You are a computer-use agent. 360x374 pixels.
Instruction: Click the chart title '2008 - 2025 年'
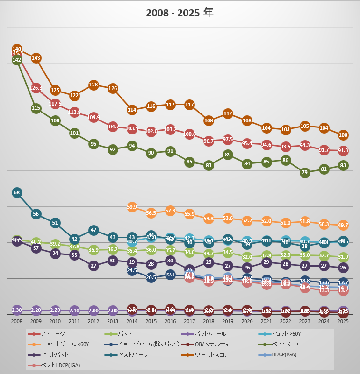180,13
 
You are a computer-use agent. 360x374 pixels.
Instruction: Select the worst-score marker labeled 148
17,49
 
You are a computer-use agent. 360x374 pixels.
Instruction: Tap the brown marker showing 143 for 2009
36,58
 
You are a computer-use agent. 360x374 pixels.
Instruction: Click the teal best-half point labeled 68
17,192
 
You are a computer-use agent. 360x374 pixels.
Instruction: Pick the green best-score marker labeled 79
305,173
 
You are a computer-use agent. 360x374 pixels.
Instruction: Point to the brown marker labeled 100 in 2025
343,135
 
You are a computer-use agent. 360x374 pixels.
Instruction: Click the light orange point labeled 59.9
132,207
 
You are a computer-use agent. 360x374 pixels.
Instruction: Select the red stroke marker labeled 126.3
36,88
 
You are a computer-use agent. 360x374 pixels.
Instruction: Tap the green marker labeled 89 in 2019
228,155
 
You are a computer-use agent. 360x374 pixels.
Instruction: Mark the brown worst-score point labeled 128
94,85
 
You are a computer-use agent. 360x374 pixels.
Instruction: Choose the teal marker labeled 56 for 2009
36,214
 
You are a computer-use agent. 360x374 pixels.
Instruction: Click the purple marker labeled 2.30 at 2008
17,310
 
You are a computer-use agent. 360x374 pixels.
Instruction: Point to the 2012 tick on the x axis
94,321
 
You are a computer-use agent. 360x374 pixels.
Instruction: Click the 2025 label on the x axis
343,321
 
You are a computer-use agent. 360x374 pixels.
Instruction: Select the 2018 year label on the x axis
209,321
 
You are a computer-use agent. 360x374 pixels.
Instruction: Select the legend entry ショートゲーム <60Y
61,345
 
